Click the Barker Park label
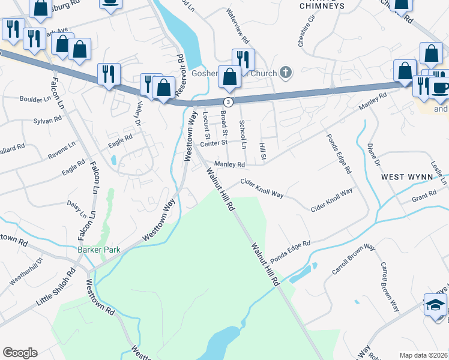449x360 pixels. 98,250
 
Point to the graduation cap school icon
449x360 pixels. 435,306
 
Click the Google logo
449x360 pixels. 20,353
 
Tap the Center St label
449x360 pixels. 214,143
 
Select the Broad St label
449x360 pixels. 224,122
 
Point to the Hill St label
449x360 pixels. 263,151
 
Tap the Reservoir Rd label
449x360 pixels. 179,76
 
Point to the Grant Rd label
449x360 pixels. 424,196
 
